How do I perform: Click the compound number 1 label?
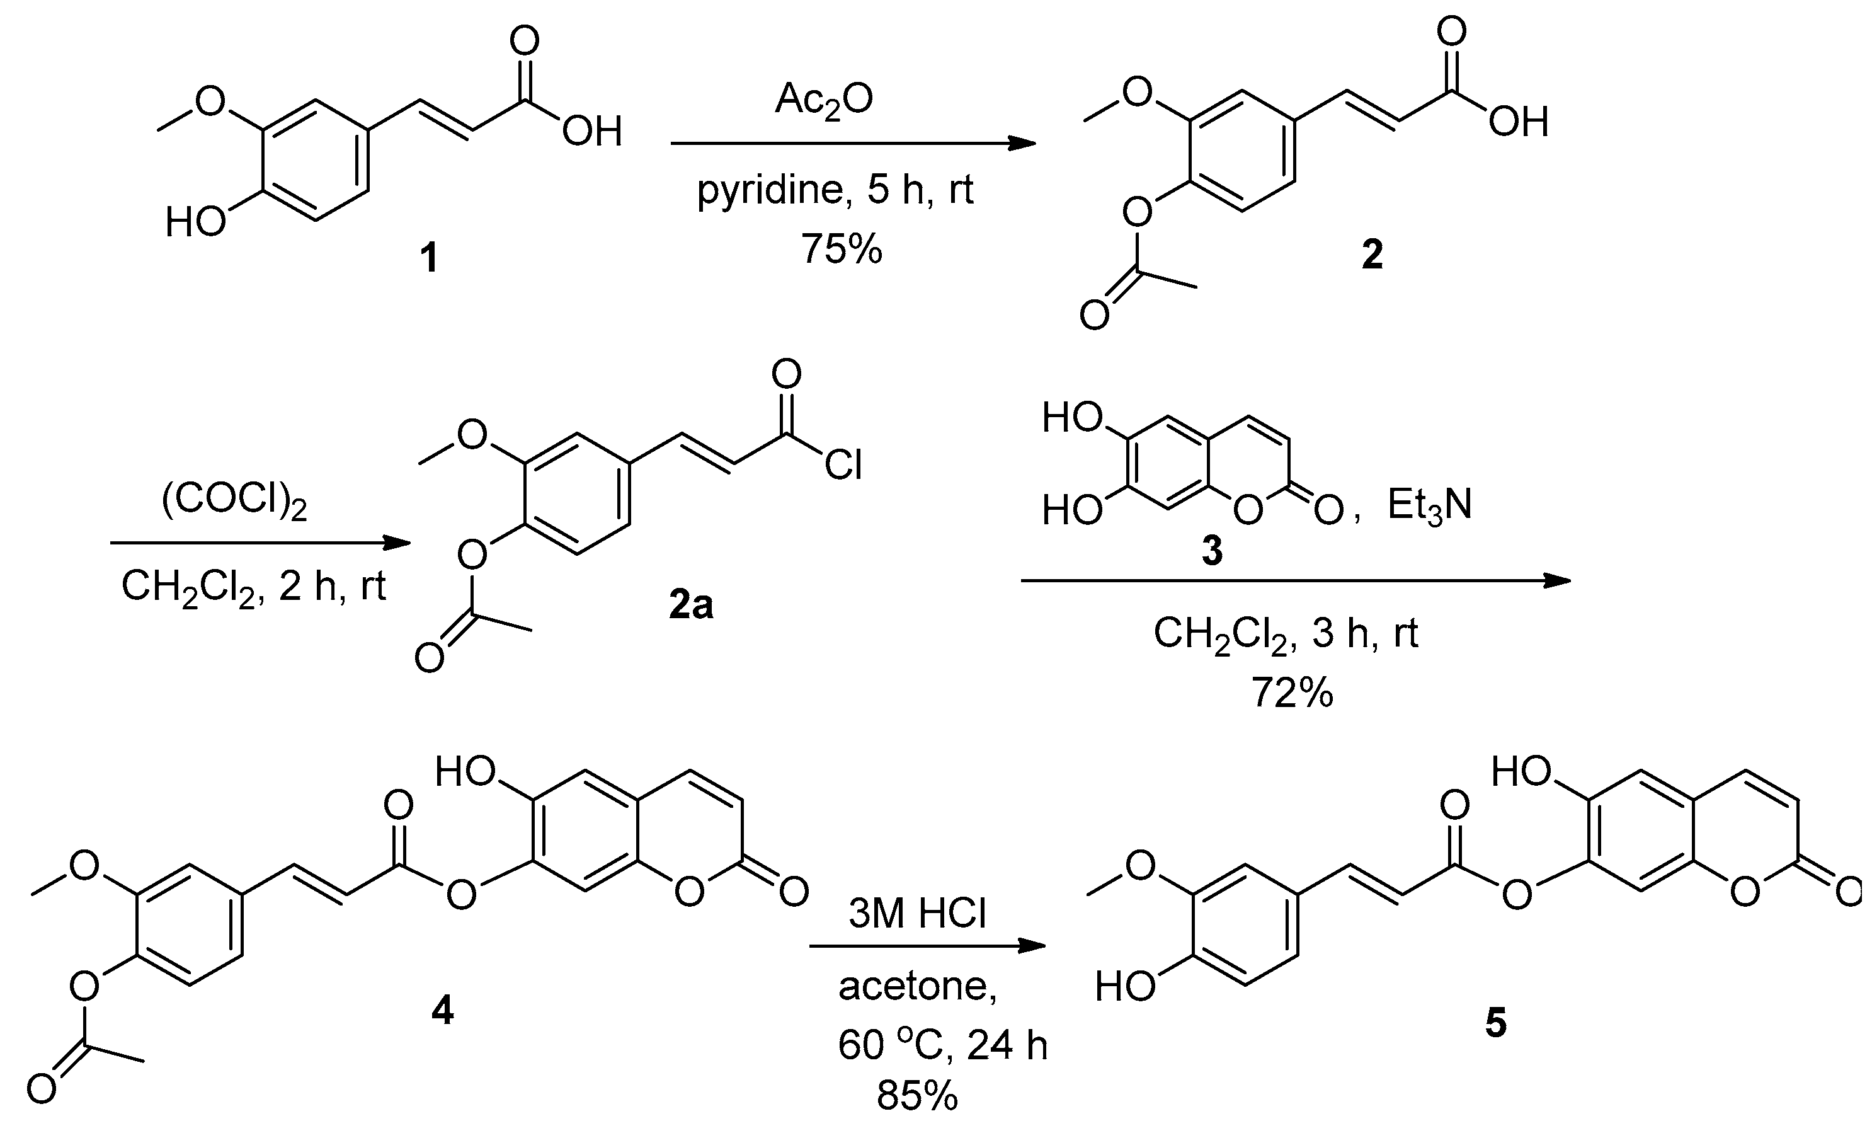[429, 258]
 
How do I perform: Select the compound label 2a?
[690, 606]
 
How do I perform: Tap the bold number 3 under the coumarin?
[1213, 550]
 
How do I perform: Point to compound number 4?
[442, 1010]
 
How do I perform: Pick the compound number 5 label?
[1495, 1023]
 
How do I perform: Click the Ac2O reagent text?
[825, 100]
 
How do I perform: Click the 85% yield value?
[917, 1095]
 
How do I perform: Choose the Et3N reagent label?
[1429, 505]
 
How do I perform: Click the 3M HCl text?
[917, 912]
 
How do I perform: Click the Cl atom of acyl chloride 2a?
[843, 464]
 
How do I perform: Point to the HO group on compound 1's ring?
[195, 222]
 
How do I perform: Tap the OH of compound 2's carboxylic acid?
[1518, 122]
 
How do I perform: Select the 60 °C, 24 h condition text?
[942, 1045]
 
